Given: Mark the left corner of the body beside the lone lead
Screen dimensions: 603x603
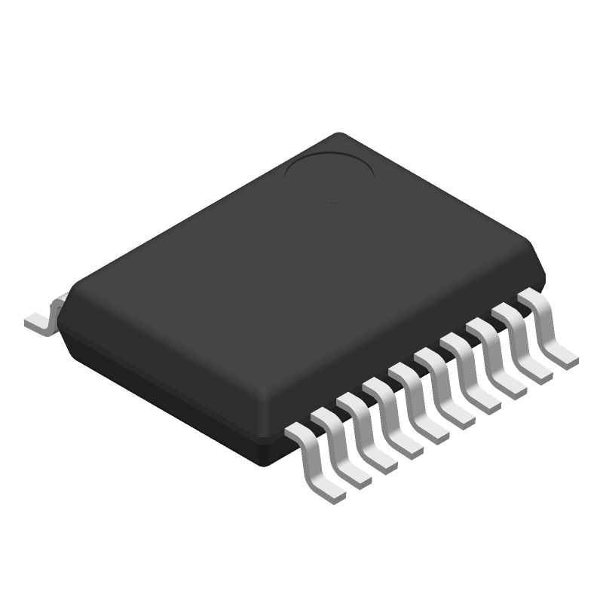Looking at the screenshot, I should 63,301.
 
